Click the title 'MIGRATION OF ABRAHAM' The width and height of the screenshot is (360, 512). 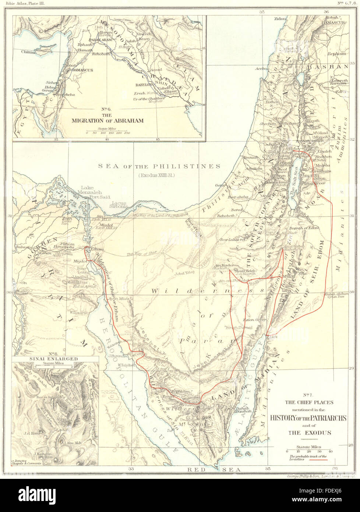(x=107, y=120)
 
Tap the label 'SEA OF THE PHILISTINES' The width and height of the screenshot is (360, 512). (x=159, y=166)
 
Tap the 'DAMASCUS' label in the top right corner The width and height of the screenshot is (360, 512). (x=332, y=22)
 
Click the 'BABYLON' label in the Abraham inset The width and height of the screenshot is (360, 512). (x=144, y=84)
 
